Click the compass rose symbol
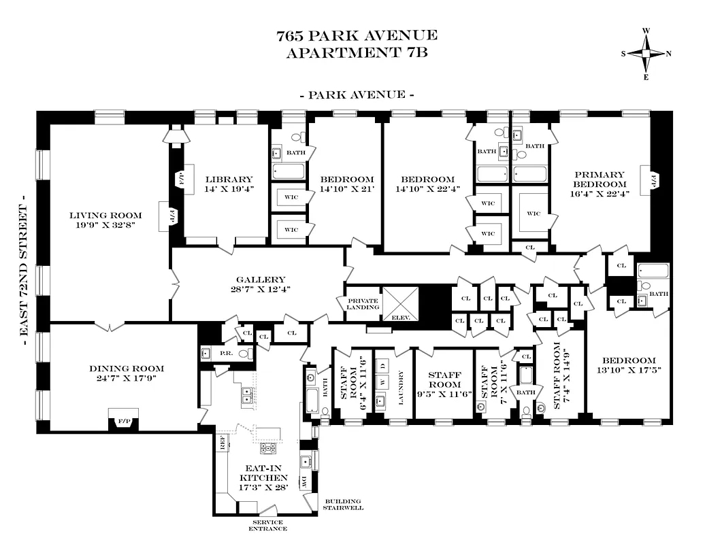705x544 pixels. click(646, 54)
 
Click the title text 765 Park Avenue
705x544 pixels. click(357, 35)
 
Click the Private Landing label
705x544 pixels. click(362, 304)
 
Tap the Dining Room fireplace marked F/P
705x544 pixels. click(123, 422)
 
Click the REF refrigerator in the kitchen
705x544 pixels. click(223, 442)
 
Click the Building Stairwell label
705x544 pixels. click(344, 504)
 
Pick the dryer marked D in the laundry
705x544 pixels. click(383, 367)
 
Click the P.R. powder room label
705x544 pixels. click(225, 354)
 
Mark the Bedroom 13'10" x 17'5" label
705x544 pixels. click(628, 366)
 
